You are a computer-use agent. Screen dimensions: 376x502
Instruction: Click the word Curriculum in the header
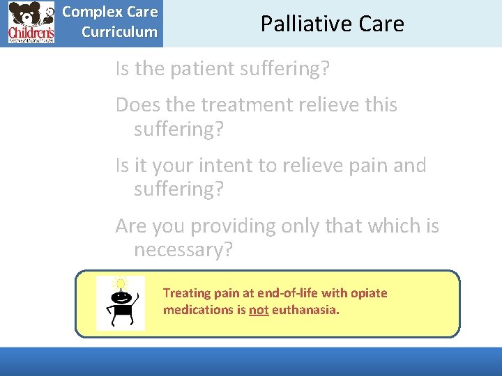119,32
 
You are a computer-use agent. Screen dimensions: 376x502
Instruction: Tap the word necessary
183,250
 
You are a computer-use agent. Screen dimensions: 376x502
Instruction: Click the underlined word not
259,309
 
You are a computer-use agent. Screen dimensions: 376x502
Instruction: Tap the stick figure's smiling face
121,296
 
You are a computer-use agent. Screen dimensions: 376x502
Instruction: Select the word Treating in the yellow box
185,293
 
